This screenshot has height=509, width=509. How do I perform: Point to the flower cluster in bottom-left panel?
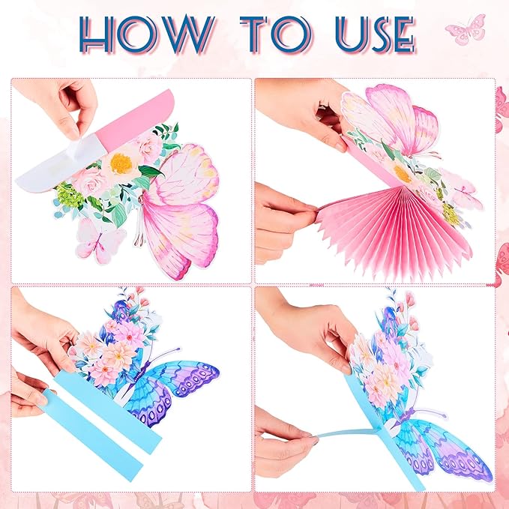pos(112,345)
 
